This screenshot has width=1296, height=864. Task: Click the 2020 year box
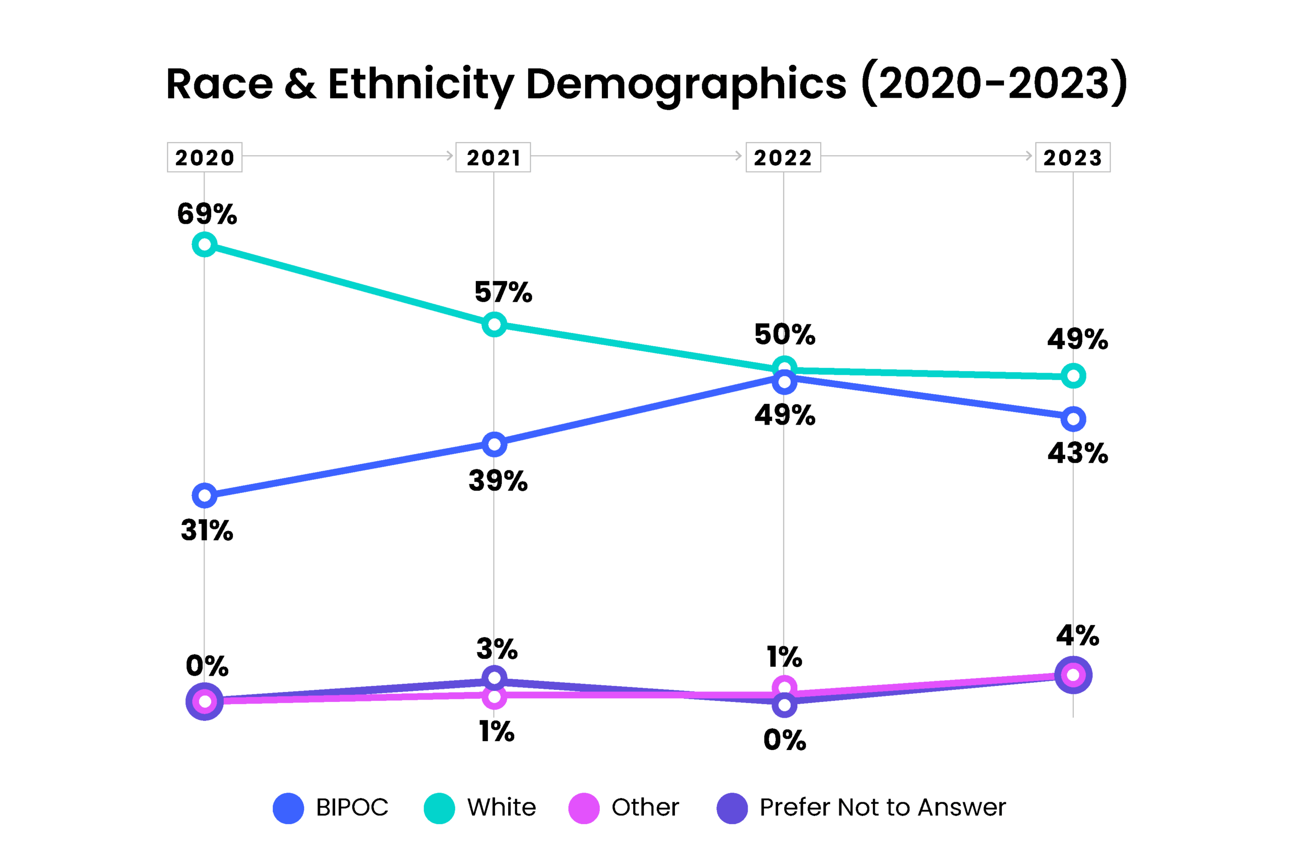tap(205, 157)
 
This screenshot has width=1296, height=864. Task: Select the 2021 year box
tap(493, 157)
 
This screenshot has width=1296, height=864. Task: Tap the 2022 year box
tap(783, 157)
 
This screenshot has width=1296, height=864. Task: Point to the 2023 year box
tap(1072, 157)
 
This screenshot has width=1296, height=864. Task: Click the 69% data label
tap(207, 214)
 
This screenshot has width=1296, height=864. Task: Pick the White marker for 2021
tap(494, 324)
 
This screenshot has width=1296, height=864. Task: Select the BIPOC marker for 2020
tap(205, 496)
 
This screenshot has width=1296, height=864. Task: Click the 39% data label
tap(498, 480)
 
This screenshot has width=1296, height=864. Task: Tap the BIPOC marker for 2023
tap(1073, 419)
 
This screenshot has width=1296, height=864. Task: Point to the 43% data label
tap(1077, 453)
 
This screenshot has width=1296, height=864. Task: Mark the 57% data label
tap(503, 292)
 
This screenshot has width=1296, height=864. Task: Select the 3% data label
tap(497, 648)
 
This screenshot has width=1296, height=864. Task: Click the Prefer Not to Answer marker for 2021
tap(494, 678)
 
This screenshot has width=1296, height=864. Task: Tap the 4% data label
tap(1077, 635)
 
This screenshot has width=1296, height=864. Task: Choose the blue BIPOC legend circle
tap(288, 808)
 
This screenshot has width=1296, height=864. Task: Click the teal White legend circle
tap(439, 808)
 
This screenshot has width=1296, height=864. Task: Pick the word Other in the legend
tap(645, 807)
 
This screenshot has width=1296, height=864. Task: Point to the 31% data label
tap(207, 530)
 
